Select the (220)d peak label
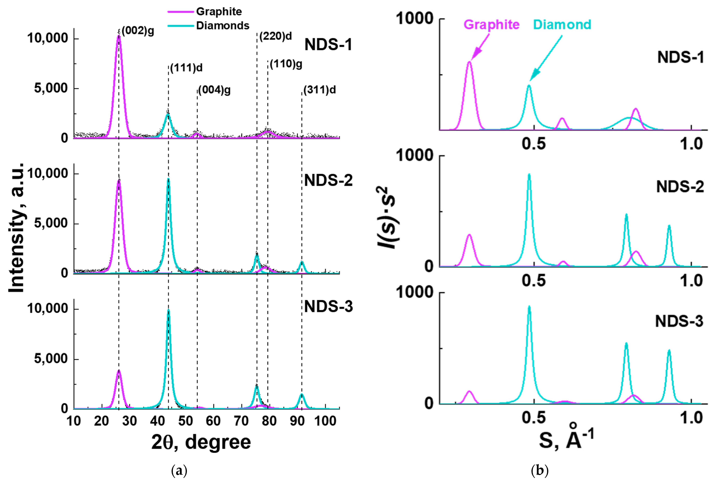coord(275,36)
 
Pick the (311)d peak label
coord(319,90)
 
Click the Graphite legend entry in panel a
coord(219,12)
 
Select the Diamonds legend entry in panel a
coord(222,25)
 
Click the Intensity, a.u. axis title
coord(17,227)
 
